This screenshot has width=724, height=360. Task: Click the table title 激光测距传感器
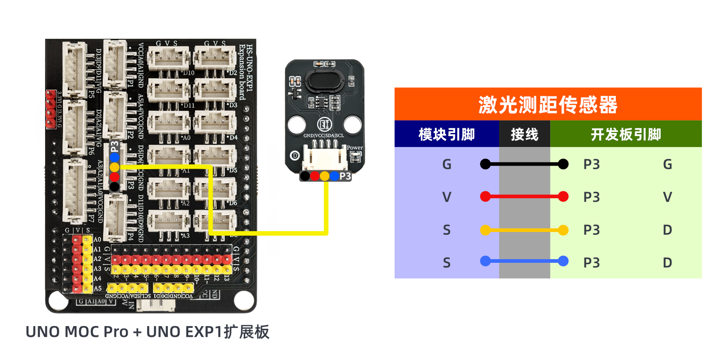pyautogui.click(x=548, y=104)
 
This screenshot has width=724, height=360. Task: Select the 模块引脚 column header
pyautogui.click(x=447, y=134)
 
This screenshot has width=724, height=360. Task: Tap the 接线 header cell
pyautogui.click(x=524, y=134)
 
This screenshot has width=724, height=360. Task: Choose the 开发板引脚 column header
pyautogui.click(x=626, y=134)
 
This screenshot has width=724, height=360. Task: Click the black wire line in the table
pyautogui.click(x=524, y=164)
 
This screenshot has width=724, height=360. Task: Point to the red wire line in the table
pyautogui.click(x=524, y=196)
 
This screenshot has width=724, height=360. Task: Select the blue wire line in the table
pyautogui.click(x=524, y=261)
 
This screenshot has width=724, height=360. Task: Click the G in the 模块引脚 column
pyautogui.click(x=447, y=164)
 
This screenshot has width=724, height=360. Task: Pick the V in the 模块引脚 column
pyautogui.click(x=447, y=197)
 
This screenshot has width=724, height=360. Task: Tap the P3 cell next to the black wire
pyautogui.click(x=591, y=164)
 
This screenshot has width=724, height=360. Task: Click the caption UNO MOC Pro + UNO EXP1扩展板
pyautogui.click(x=148, y=332)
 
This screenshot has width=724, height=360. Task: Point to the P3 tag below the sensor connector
pyautogui.click(x=345, y=176)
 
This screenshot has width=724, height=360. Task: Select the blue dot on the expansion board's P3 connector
pyautogui.click(x=114, y=157)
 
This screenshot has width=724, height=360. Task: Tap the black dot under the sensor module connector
pyautogui.click(x=305, y=176)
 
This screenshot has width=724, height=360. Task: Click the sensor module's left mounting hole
pyautogui.click(x=296, y=125)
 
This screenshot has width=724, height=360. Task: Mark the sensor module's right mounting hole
pyautogui.click(x=352, y=125)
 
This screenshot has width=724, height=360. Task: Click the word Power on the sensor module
pyautogui.click(x=355, y=147)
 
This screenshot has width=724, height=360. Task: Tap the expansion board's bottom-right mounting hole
pyautogui.click(x=244, y=299)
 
